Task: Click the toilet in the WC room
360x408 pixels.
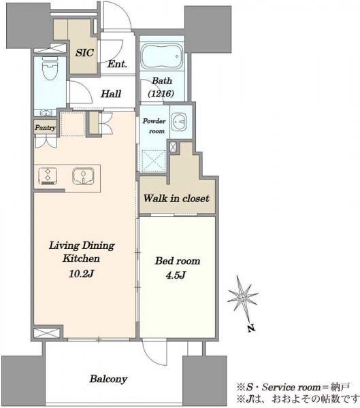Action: pos(50,68)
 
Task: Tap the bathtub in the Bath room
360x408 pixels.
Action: pos(162,56)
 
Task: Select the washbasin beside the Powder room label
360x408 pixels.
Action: pos(179,121)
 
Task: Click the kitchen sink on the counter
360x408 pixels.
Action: pos(83,176)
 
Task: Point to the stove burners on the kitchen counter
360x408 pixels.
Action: pos(48,176)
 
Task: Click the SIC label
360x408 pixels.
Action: pos(84,52)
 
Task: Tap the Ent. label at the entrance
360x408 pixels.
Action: pos(117,64)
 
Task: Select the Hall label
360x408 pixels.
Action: pos(111,94)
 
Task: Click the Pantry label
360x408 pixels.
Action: pos(46,128)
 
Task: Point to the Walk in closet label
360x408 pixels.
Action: pos(176,199)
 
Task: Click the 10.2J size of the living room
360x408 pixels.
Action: pos(81,273)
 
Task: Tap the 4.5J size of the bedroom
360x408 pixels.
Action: pos(176,275)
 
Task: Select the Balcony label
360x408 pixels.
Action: pos(108,379)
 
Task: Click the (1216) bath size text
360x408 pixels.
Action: pos(161,93)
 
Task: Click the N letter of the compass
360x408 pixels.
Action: pos(251,328)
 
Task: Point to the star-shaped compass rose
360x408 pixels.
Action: pos(243,297)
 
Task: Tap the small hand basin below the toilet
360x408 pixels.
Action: pos(46,113)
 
